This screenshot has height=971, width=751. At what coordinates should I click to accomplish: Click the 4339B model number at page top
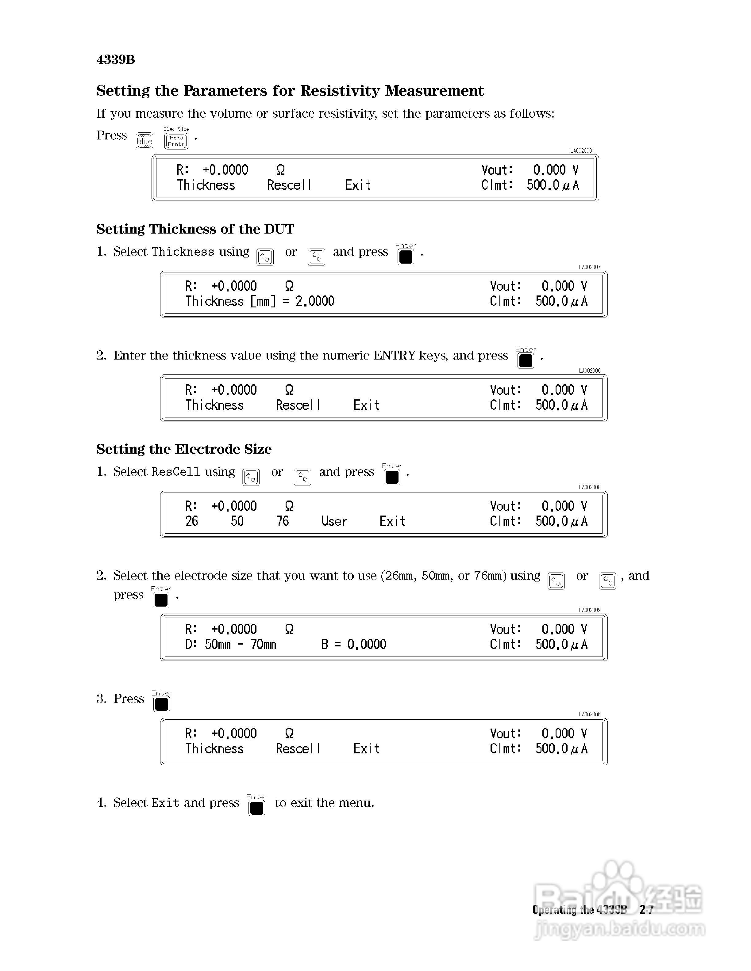(116, 59)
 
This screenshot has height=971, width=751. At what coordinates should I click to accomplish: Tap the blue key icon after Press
(144, 141)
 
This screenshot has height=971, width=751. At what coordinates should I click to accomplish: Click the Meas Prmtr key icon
(176, 141)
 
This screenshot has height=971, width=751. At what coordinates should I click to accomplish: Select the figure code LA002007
(590, 267)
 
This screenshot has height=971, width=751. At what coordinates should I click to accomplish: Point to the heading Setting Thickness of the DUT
(195, 229)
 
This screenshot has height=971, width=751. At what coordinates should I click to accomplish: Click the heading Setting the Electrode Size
(184, 449)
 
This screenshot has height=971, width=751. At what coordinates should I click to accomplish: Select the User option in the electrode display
(334, 521)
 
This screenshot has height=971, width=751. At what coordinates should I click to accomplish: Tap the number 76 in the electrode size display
(283, 521)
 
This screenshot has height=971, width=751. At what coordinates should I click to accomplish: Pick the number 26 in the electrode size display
(192, 521)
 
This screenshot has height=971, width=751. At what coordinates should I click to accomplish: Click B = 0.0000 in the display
(354, 644)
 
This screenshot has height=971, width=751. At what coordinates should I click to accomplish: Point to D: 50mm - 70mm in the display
(230, 644)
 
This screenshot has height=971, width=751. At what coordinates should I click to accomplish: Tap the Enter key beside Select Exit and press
(257, 808)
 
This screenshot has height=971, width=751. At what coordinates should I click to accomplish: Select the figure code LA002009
(590, 610)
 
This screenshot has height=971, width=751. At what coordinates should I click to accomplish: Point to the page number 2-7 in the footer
(646, 910)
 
